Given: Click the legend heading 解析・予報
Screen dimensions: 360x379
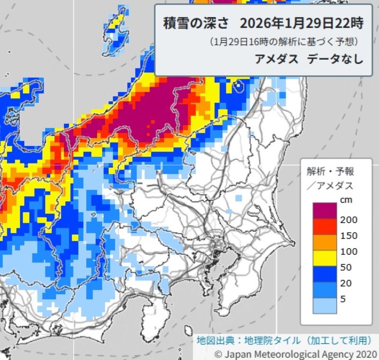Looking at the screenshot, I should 330,171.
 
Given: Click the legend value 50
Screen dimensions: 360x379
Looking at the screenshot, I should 346,267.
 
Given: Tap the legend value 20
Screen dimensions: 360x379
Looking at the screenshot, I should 346,283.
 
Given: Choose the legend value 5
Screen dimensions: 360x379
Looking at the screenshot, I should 343,298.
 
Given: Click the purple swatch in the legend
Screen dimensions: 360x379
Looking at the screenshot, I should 325,211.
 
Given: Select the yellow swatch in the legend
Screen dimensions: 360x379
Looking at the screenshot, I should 325,258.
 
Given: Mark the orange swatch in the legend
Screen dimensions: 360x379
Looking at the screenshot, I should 325,243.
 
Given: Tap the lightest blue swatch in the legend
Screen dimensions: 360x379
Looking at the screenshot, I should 325,306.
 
